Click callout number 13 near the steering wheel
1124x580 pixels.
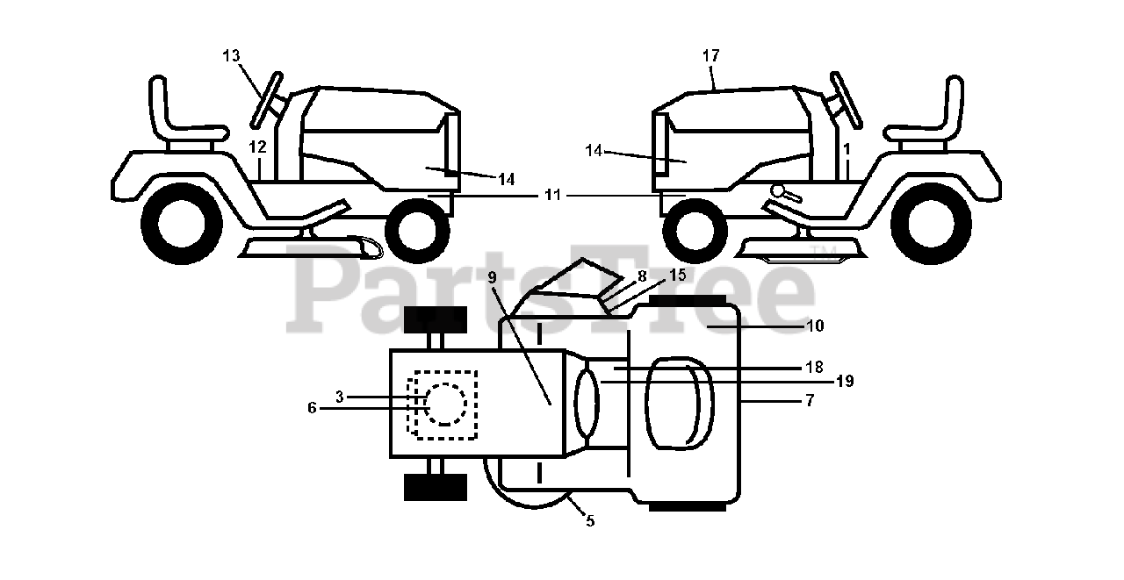tap(231, 55)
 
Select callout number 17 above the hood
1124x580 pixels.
tap(710, 55)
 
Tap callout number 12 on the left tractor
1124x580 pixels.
tap(256, 147)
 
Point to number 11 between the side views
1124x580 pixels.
tap(551, 196)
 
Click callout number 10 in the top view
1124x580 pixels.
tap(815, 326)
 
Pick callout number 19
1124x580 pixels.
tap(845, 381)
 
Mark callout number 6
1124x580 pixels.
tap(312, 408)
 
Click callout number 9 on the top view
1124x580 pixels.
tap(492, 277)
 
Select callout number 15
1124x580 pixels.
tap(677, 275)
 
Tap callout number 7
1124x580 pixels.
tap(809, 400)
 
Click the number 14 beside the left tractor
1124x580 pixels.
tap(506, 179)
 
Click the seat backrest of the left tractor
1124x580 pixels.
tap(161, 106)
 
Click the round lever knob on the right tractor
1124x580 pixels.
tap(777, 190)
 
